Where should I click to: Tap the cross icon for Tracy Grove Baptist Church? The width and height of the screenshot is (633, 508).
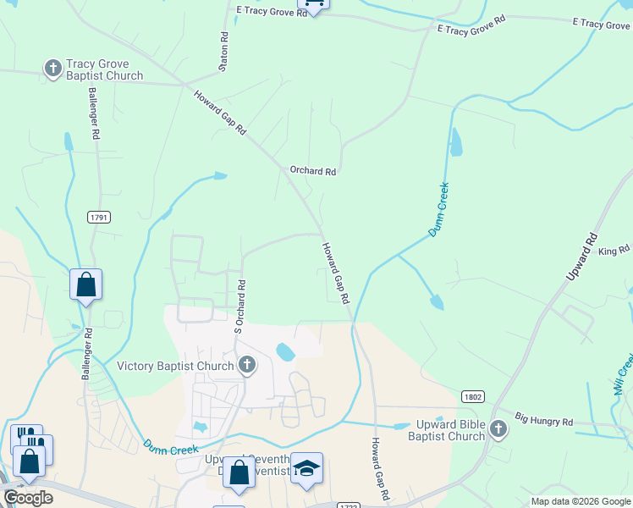click(x=52, y=68)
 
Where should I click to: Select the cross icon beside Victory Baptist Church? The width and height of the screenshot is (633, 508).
click(x=247, y=365)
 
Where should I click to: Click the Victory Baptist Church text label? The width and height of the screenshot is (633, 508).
click(x=175, y=366)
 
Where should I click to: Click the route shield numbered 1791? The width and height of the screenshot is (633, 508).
click(x=99, y=218)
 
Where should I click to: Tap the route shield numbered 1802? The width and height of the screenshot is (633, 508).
click(x=473, y=396)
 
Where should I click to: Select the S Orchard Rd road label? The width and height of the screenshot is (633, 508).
click(x=239, y=306)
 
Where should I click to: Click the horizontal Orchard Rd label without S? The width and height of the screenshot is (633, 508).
click(x=313, y=171)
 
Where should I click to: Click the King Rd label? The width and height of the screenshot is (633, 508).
click(x=614, y=251)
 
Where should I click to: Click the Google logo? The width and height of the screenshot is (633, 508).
click(x=27, y=498)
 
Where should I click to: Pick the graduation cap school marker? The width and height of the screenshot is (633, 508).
click(x=306, y=468)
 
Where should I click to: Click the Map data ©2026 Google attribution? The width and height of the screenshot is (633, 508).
click(x=580, y=501)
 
